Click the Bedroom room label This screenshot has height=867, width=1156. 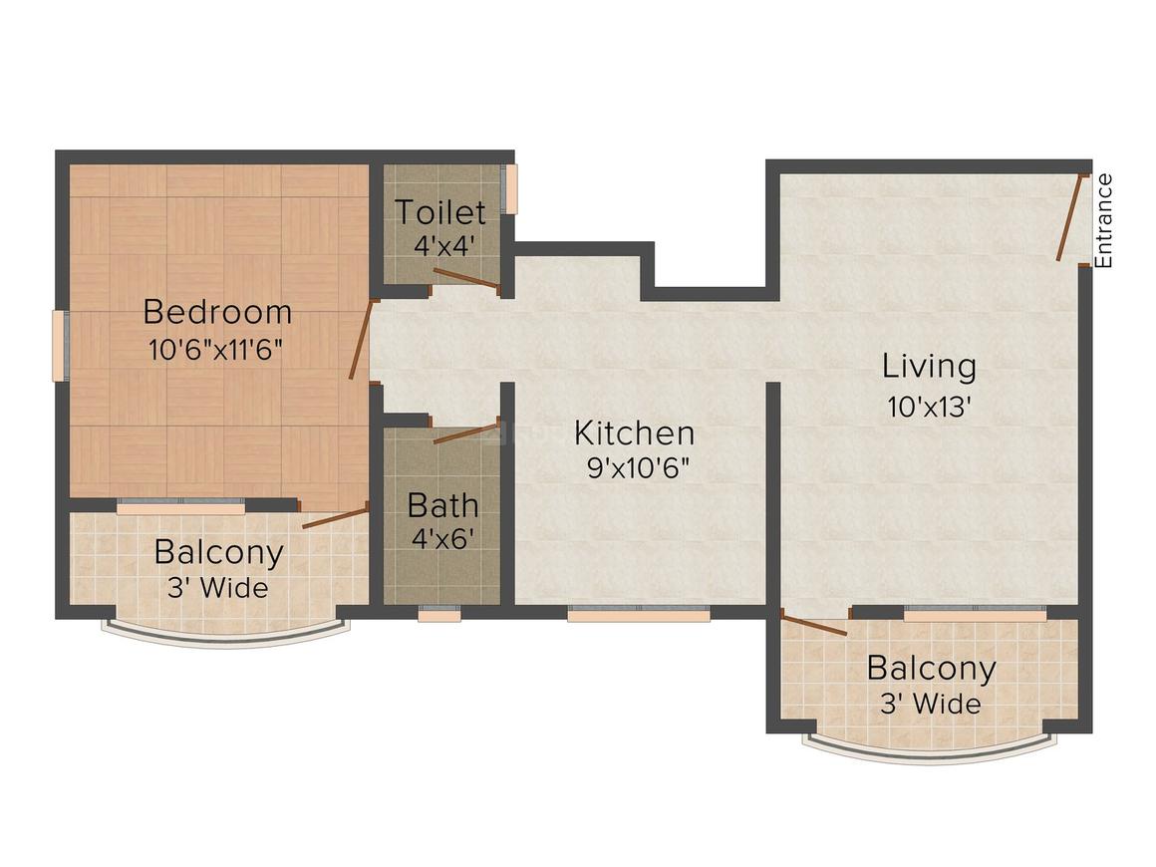217,312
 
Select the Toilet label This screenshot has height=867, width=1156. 439,212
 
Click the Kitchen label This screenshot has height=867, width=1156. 635,433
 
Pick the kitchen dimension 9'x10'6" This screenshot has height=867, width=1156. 639,467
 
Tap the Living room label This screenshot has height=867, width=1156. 929,367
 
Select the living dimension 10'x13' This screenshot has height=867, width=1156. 929,406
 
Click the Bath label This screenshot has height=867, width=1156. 442,505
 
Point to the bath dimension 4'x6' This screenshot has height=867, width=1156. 442,538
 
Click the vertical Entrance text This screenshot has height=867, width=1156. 1103,220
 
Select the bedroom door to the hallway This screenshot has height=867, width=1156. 361,340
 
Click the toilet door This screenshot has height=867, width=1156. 465,279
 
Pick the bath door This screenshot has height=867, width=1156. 465,433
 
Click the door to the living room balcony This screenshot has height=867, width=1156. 813,625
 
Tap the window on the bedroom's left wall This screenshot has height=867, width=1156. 59,346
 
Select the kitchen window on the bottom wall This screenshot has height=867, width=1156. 639,615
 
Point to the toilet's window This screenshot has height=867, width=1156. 511,189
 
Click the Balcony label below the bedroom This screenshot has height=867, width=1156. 217,551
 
